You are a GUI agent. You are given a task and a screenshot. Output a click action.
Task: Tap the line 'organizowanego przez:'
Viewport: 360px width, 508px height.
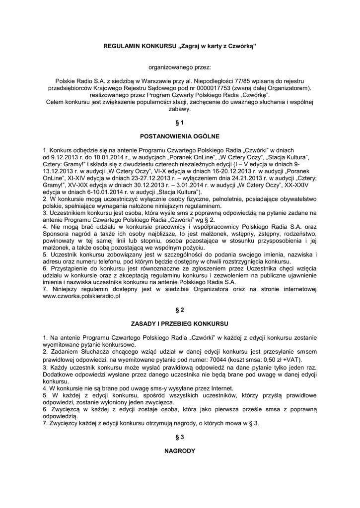(179, 66)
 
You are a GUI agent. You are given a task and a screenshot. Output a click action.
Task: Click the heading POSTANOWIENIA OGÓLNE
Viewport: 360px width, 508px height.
(179, 135)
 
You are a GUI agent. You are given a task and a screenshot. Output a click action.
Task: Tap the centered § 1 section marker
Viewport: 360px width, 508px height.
(179, 122)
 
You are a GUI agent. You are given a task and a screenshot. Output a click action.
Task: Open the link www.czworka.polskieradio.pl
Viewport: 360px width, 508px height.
(82, 296)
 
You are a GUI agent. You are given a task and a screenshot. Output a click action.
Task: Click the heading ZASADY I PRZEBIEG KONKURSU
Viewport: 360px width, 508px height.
(179, 323)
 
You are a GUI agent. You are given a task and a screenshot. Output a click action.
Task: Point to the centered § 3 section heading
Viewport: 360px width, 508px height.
(179, 437)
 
